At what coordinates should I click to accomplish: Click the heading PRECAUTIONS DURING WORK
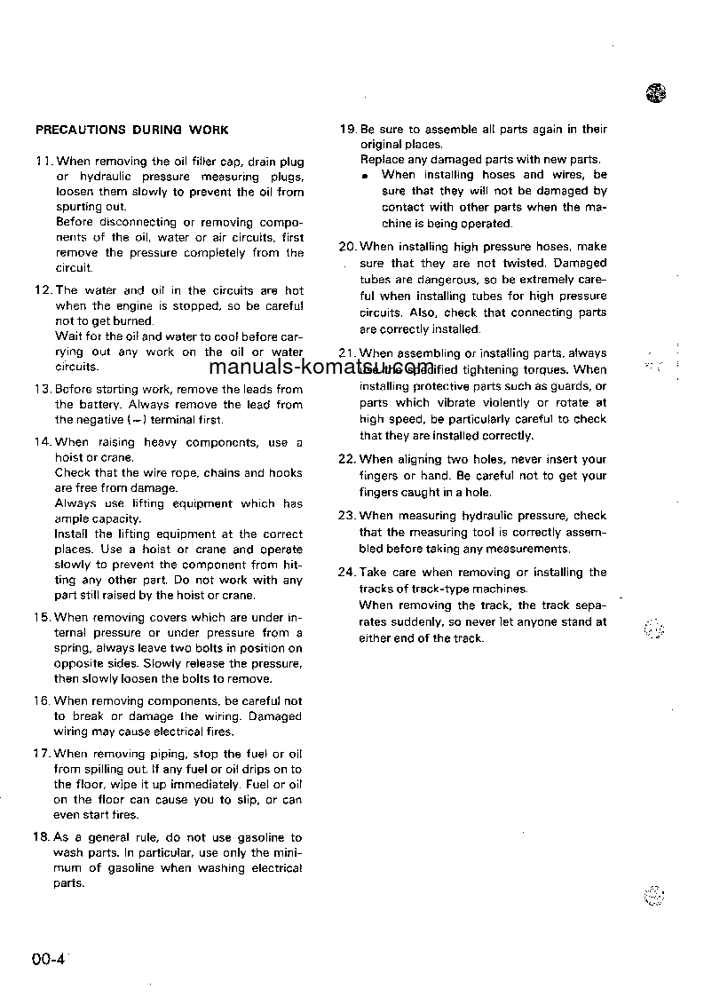[131, 130]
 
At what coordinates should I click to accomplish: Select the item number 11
[43, 162]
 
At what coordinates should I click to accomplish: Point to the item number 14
[43, 442]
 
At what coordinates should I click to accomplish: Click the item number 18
[43, 837]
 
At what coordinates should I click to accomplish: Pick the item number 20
[348, 247]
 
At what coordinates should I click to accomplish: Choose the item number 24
[348, 572]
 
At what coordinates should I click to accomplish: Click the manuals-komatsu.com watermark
[323, 368]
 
